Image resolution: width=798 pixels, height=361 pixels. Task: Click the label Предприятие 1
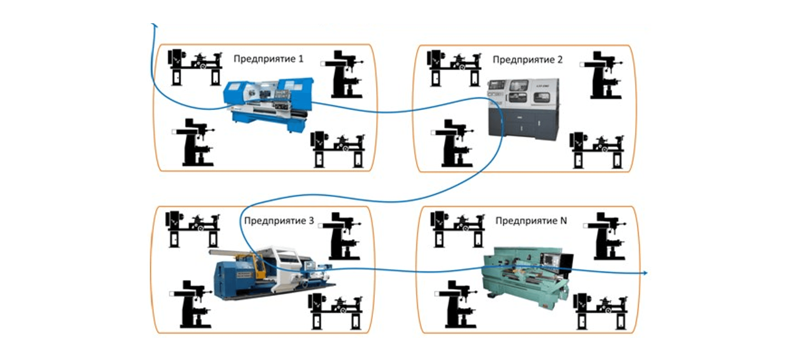click(268, 59)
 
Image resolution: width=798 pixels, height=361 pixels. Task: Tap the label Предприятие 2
click(527, 60)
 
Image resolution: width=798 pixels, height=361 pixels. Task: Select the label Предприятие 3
click(279, 221)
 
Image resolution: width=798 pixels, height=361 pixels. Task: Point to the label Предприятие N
click(531, 221)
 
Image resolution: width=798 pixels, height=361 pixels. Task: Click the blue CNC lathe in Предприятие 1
click(268, 104)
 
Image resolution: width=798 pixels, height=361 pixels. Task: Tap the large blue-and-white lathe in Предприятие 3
click(273, 273)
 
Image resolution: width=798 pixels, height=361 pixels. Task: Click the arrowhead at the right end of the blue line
click(645, 273)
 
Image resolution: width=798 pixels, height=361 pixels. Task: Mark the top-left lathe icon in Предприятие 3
click(193, 229)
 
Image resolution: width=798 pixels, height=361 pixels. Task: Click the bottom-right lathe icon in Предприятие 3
click(335, 311)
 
